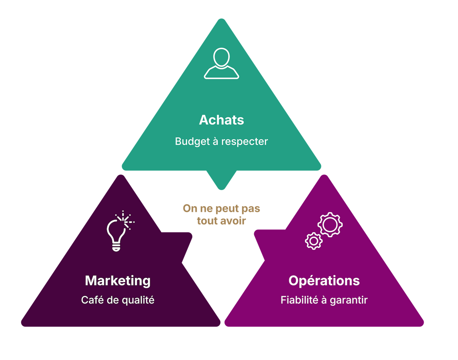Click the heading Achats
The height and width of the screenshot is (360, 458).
[x=221, y=120]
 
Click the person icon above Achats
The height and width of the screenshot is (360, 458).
[x=221, y=63]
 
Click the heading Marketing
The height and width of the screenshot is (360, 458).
[x=118, y=281]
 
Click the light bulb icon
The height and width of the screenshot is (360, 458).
[x=120, y=231]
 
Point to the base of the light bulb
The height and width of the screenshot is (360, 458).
[x=116, y=248]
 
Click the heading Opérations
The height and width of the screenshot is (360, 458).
[x=324, y=281]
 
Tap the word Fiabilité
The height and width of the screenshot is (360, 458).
[x=299, y=300]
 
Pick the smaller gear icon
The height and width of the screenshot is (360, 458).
[x=314, y=241]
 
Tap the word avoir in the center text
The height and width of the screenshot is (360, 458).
[x=233, y=221]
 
